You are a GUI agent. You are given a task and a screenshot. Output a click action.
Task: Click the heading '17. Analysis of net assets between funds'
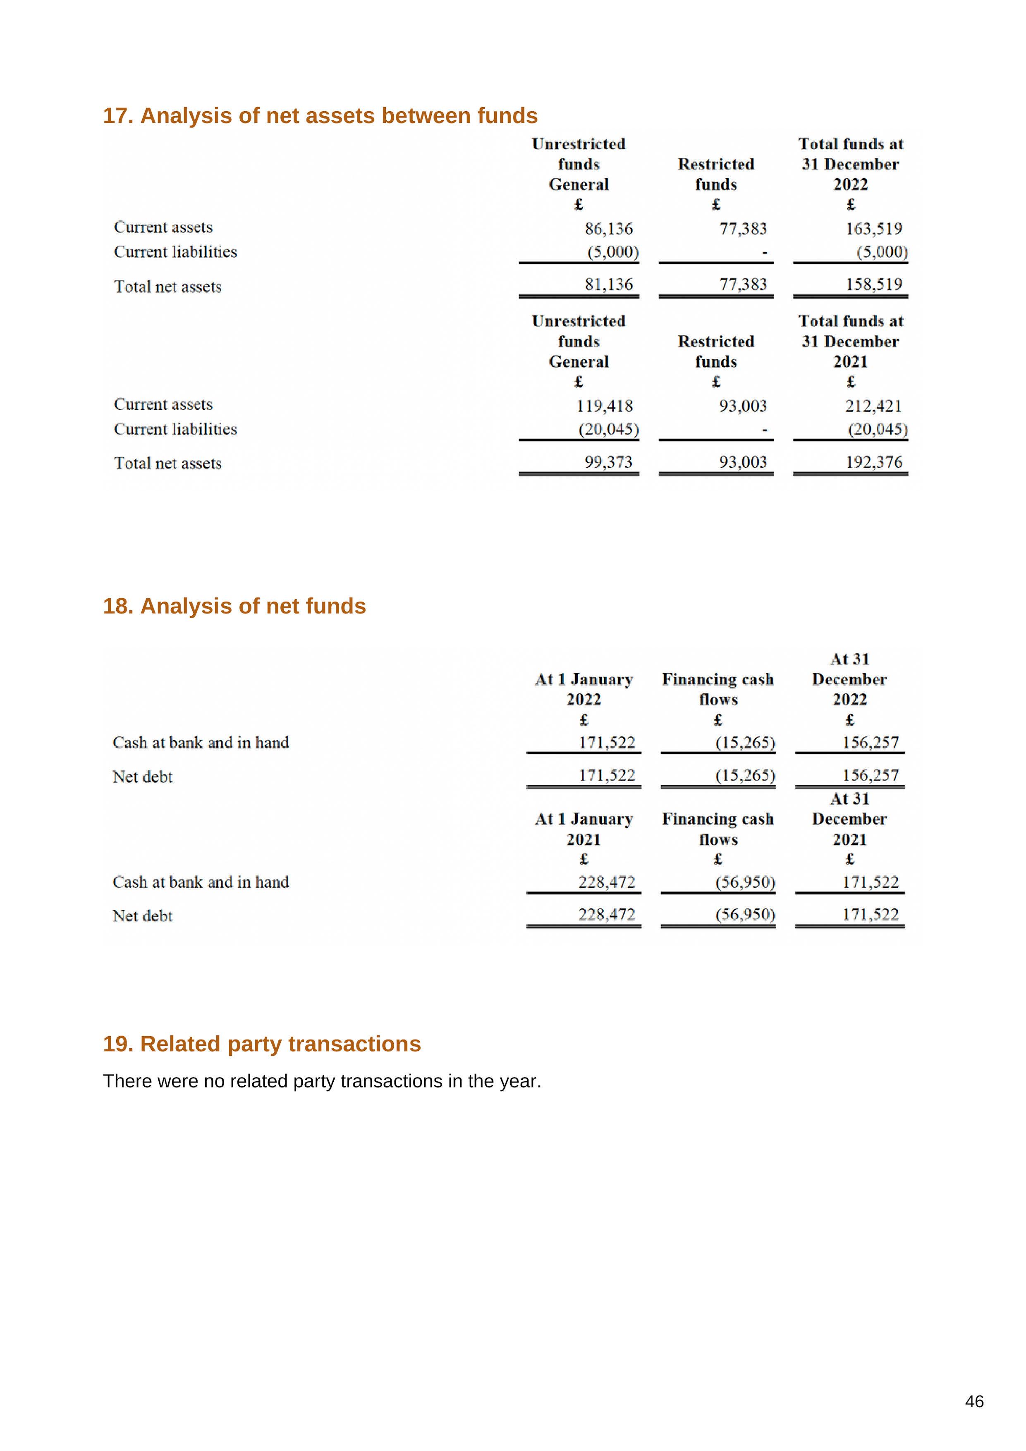click(x=320, y=116)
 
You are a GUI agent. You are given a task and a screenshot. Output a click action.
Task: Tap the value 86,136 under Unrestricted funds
click(x=608, y=228)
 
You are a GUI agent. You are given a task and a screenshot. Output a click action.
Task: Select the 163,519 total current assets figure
click(x=874, y=228)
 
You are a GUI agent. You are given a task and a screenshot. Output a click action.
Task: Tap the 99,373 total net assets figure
click(x=608, y=462)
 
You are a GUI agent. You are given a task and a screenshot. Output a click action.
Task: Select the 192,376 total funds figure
click(x=874, y=462)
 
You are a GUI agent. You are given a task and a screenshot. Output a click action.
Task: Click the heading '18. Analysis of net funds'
click(x=234, y=606)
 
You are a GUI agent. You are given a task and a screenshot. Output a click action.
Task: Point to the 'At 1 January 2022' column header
click(x=584, y=689)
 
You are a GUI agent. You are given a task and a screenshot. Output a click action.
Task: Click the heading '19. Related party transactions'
click(x=262, y=1044)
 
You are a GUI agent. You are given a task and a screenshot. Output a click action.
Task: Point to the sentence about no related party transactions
click(x=322, y=1081)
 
